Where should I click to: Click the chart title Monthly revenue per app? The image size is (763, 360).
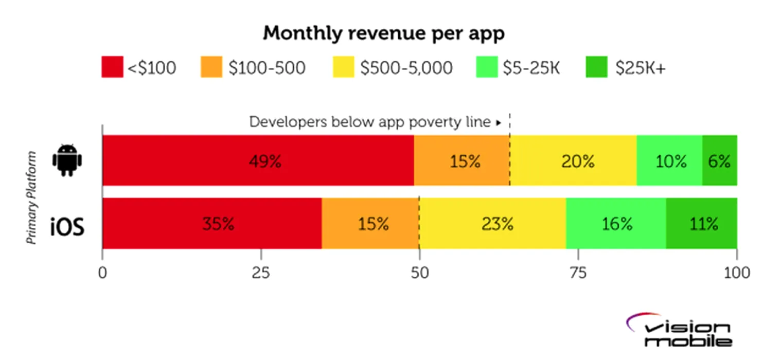383,33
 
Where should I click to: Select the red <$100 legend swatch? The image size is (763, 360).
112,67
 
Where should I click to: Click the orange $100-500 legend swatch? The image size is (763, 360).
211,67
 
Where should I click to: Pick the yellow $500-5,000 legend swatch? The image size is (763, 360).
343,67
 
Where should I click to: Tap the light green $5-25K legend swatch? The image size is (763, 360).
487,67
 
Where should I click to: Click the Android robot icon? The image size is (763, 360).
67,160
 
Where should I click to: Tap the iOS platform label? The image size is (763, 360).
67,226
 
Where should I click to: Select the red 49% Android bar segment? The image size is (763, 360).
258,160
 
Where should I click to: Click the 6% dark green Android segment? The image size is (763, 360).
719,160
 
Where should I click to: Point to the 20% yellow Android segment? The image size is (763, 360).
573,160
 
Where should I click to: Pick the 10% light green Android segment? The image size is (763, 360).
669,160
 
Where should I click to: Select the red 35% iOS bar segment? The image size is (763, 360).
212,224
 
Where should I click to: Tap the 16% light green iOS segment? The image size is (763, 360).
616,224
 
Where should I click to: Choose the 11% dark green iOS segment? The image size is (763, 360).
702,224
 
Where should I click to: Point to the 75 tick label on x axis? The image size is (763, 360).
578,273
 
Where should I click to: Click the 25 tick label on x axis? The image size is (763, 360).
261,273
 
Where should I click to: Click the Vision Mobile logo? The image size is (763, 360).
679,331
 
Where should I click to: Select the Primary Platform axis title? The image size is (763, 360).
32,197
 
